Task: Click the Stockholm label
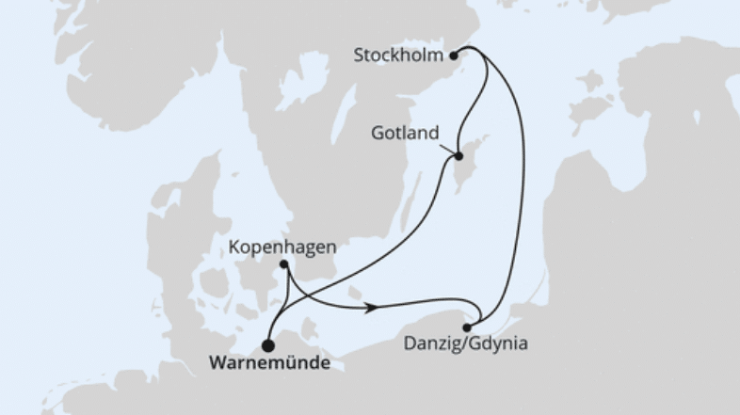click(x=397, y=56)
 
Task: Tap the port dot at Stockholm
click(x=454, y=56)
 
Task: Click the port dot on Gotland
click(x=458, y=157)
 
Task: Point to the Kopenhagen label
click(x=282, y=247)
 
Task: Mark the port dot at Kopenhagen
click(x=283, y=265)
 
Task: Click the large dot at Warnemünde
click(x=268, y=343)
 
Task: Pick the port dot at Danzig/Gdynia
click(x=467, y=327)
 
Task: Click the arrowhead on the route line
click(x=374, y=307)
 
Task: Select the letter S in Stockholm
click(x=359, y=56)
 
